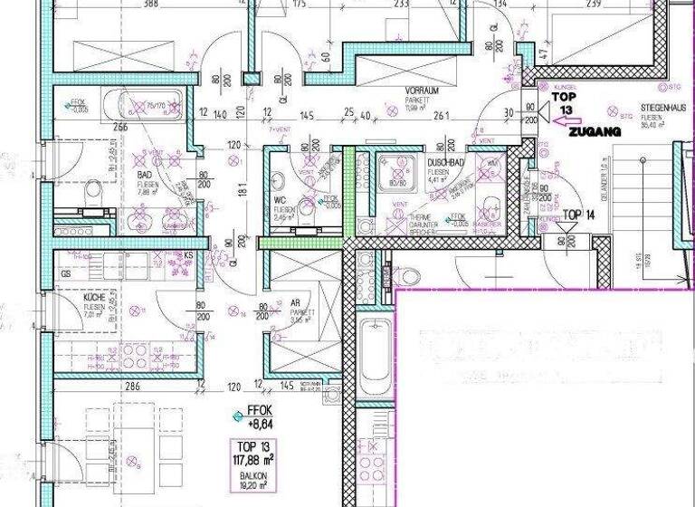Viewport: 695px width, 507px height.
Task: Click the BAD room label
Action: click(x=143, y=175)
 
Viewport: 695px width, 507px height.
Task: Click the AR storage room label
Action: click(x=295, y=305)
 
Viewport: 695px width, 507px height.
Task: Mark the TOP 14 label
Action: click(x=578, y=215)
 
